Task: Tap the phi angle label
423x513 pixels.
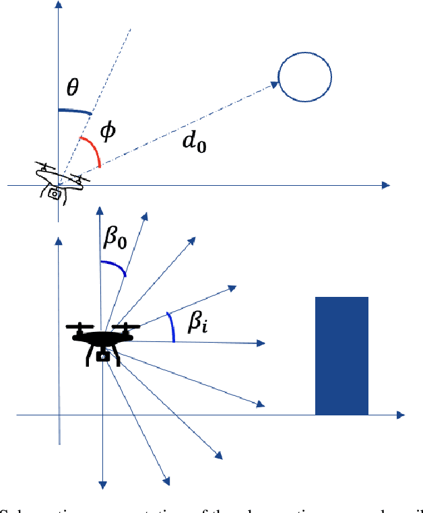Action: [107, 131]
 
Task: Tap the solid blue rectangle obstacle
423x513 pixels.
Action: [341, 355]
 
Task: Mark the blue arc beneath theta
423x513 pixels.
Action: [75, 112]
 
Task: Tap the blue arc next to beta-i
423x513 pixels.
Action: [171, 328]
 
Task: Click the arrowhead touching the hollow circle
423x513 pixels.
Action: [274, 85]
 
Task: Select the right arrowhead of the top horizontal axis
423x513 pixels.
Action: [386, 184]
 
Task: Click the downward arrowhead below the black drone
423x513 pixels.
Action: [102, 483]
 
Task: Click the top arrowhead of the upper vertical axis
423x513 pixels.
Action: [59, 5]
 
